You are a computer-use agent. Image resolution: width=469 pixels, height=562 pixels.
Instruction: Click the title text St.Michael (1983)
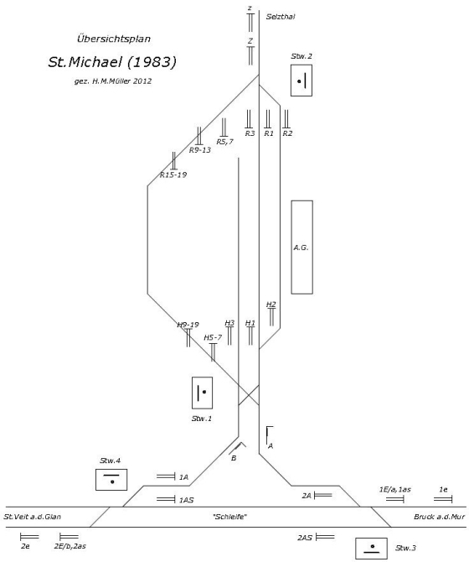pos(112,62)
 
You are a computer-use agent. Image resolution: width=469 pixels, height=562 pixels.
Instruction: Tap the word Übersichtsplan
pos(114,39)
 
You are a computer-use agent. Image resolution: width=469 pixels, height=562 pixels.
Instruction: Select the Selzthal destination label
pos(281,17)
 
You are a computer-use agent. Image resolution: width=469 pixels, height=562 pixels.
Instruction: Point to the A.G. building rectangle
pos(291,247)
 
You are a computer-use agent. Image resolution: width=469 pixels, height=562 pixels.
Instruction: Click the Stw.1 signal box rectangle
pos(193,393)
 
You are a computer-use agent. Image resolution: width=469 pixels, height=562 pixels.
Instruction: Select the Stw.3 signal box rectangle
pos(371,539)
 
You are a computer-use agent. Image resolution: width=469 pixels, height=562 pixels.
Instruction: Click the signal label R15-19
pos(173,175)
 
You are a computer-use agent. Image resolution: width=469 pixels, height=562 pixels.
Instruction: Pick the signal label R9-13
pos(200,150)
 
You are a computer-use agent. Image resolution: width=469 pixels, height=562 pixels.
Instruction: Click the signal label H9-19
pos(188,325)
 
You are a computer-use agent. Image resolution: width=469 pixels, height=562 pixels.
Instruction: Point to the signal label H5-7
pos(213,338)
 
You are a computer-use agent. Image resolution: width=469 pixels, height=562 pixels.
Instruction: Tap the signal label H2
pos(271,304)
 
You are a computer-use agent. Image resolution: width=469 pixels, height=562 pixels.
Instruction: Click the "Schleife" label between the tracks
pos(230,517)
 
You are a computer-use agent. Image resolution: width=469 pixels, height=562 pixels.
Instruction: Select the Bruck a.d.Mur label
pos(440,517)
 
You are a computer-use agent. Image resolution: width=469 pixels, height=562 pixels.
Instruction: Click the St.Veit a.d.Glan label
pos(32,517)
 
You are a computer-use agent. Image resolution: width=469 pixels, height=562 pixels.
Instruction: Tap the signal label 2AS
pos(305,538)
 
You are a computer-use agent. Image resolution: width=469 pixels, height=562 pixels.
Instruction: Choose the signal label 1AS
pos(187,500)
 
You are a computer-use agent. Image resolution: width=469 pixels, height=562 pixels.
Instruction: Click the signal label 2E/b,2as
pos(70,546)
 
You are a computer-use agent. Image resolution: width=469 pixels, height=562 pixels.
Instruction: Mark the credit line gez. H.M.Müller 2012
pos(113,81)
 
